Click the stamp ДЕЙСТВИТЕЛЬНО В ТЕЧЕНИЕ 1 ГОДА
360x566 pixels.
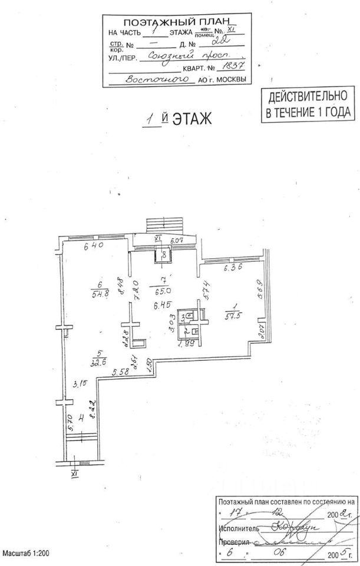(x=309, y=104)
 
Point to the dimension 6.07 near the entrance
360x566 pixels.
(x=177, y=241)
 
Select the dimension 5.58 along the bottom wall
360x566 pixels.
(x=120, y=371)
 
